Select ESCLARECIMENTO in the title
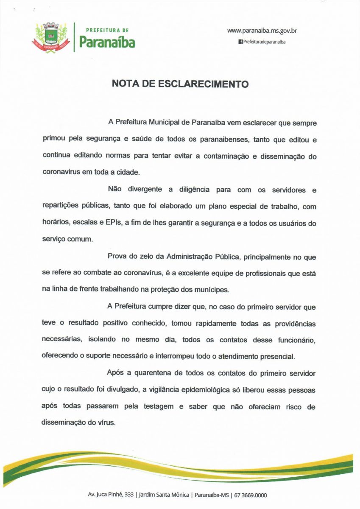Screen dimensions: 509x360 [203, 84]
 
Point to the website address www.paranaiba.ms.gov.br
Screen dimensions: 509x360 [262, 31]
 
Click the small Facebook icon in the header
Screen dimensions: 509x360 [240, 42]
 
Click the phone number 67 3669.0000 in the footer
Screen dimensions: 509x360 [250, 495]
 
